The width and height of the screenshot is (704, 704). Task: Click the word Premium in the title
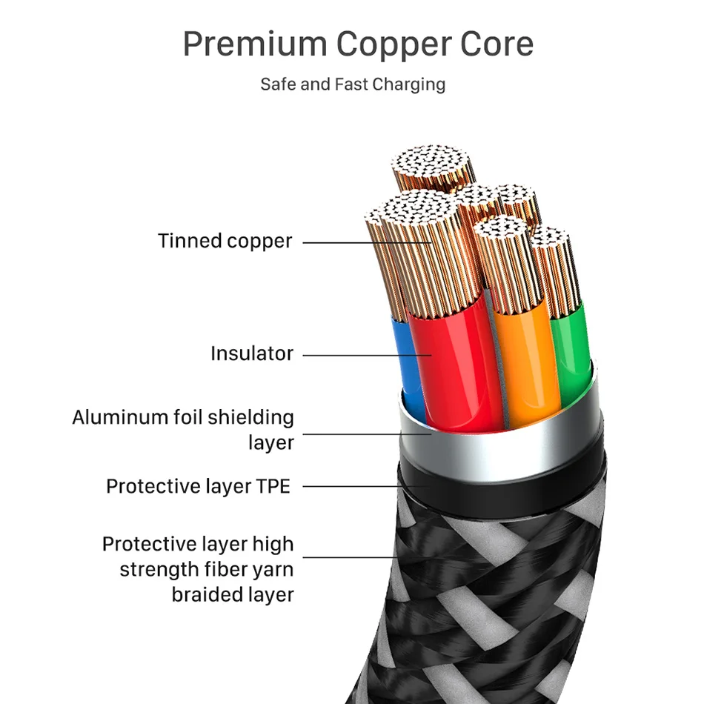[x=254, y=44]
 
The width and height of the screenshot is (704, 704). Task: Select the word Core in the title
[x=497, y=44]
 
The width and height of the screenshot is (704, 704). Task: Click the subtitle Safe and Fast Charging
[x=353, y=84]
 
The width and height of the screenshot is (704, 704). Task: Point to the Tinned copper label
[x=225, y=241]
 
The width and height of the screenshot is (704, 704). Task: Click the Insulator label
[x=252, y=353]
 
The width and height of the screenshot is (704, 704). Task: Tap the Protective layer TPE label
[x=198, y=486]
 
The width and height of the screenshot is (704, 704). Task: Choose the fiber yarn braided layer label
[x=198, y=569]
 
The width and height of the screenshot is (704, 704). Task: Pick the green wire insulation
[x=571, y=348]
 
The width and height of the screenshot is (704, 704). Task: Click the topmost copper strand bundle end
[x=433, y=160]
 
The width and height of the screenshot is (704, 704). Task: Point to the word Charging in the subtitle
[x=408, y=84]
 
